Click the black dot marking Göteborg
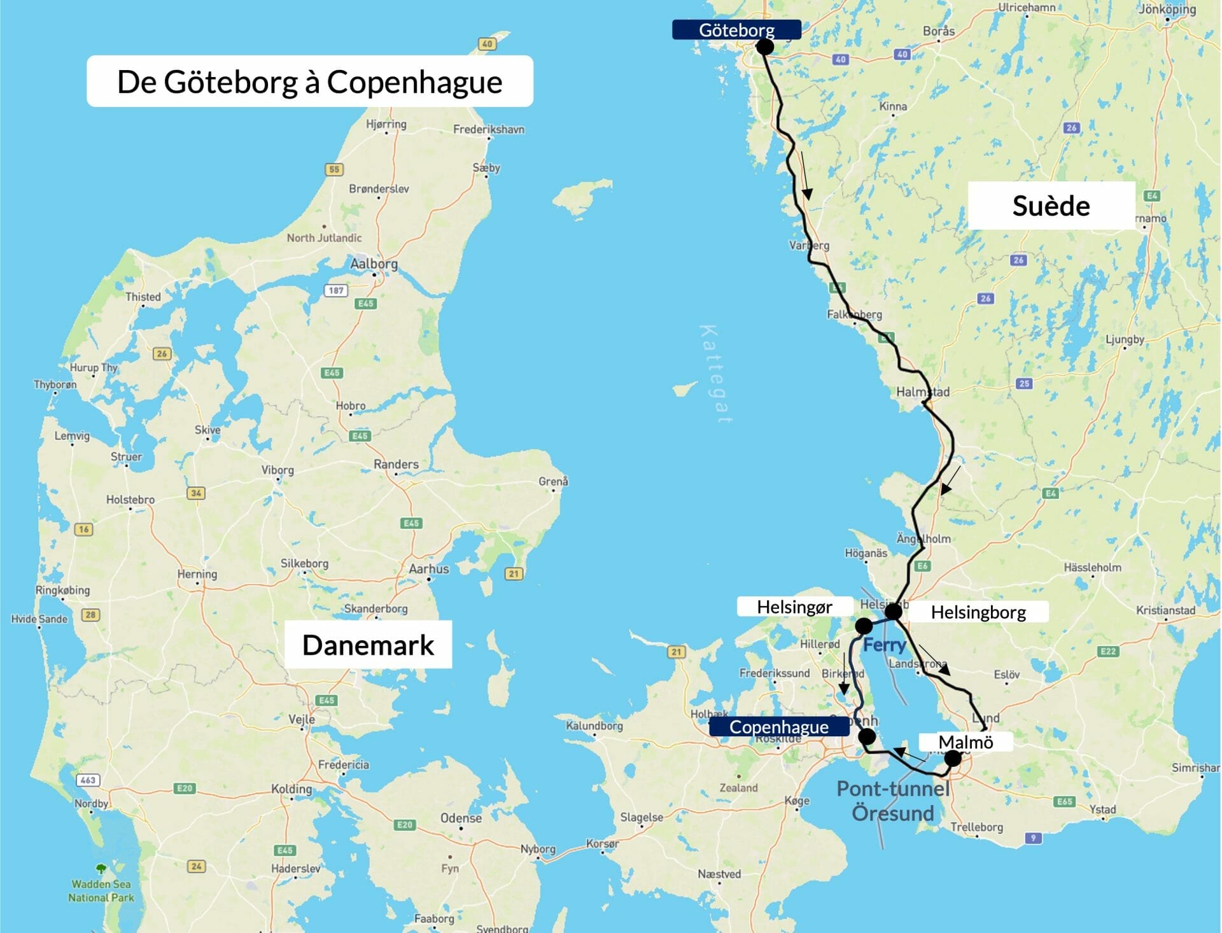tap(764, 46)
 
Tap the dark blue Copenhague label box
tap(778, 727)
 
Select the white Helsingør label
tap(794, 607)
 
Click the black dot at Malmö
tap(952, 758)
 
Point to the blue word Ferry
tap(884, 645)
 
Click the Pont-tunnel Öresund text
tap(892, 801)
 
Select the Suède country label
tap(1051, 206)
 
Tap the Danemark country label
tap(368, 645)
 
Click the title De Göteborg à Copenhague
tap(309, 81)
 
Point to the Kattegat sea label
tap(715, 374)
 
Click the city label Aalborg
tap(374, 263)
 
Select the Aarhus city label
tap(428, 569)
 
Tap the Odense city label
tap(461, 818)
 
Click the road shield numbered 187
tap(336, 290)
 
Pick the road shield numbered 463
tap(88, 780)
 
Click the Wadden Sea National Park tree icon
tap(101, 868)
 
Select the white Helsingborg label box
tap(978, 612)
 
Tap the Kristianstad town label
tap(1165, 610)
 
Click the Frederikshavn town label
tap(488, 129)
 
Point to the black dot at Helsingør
tap(863, 626)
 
